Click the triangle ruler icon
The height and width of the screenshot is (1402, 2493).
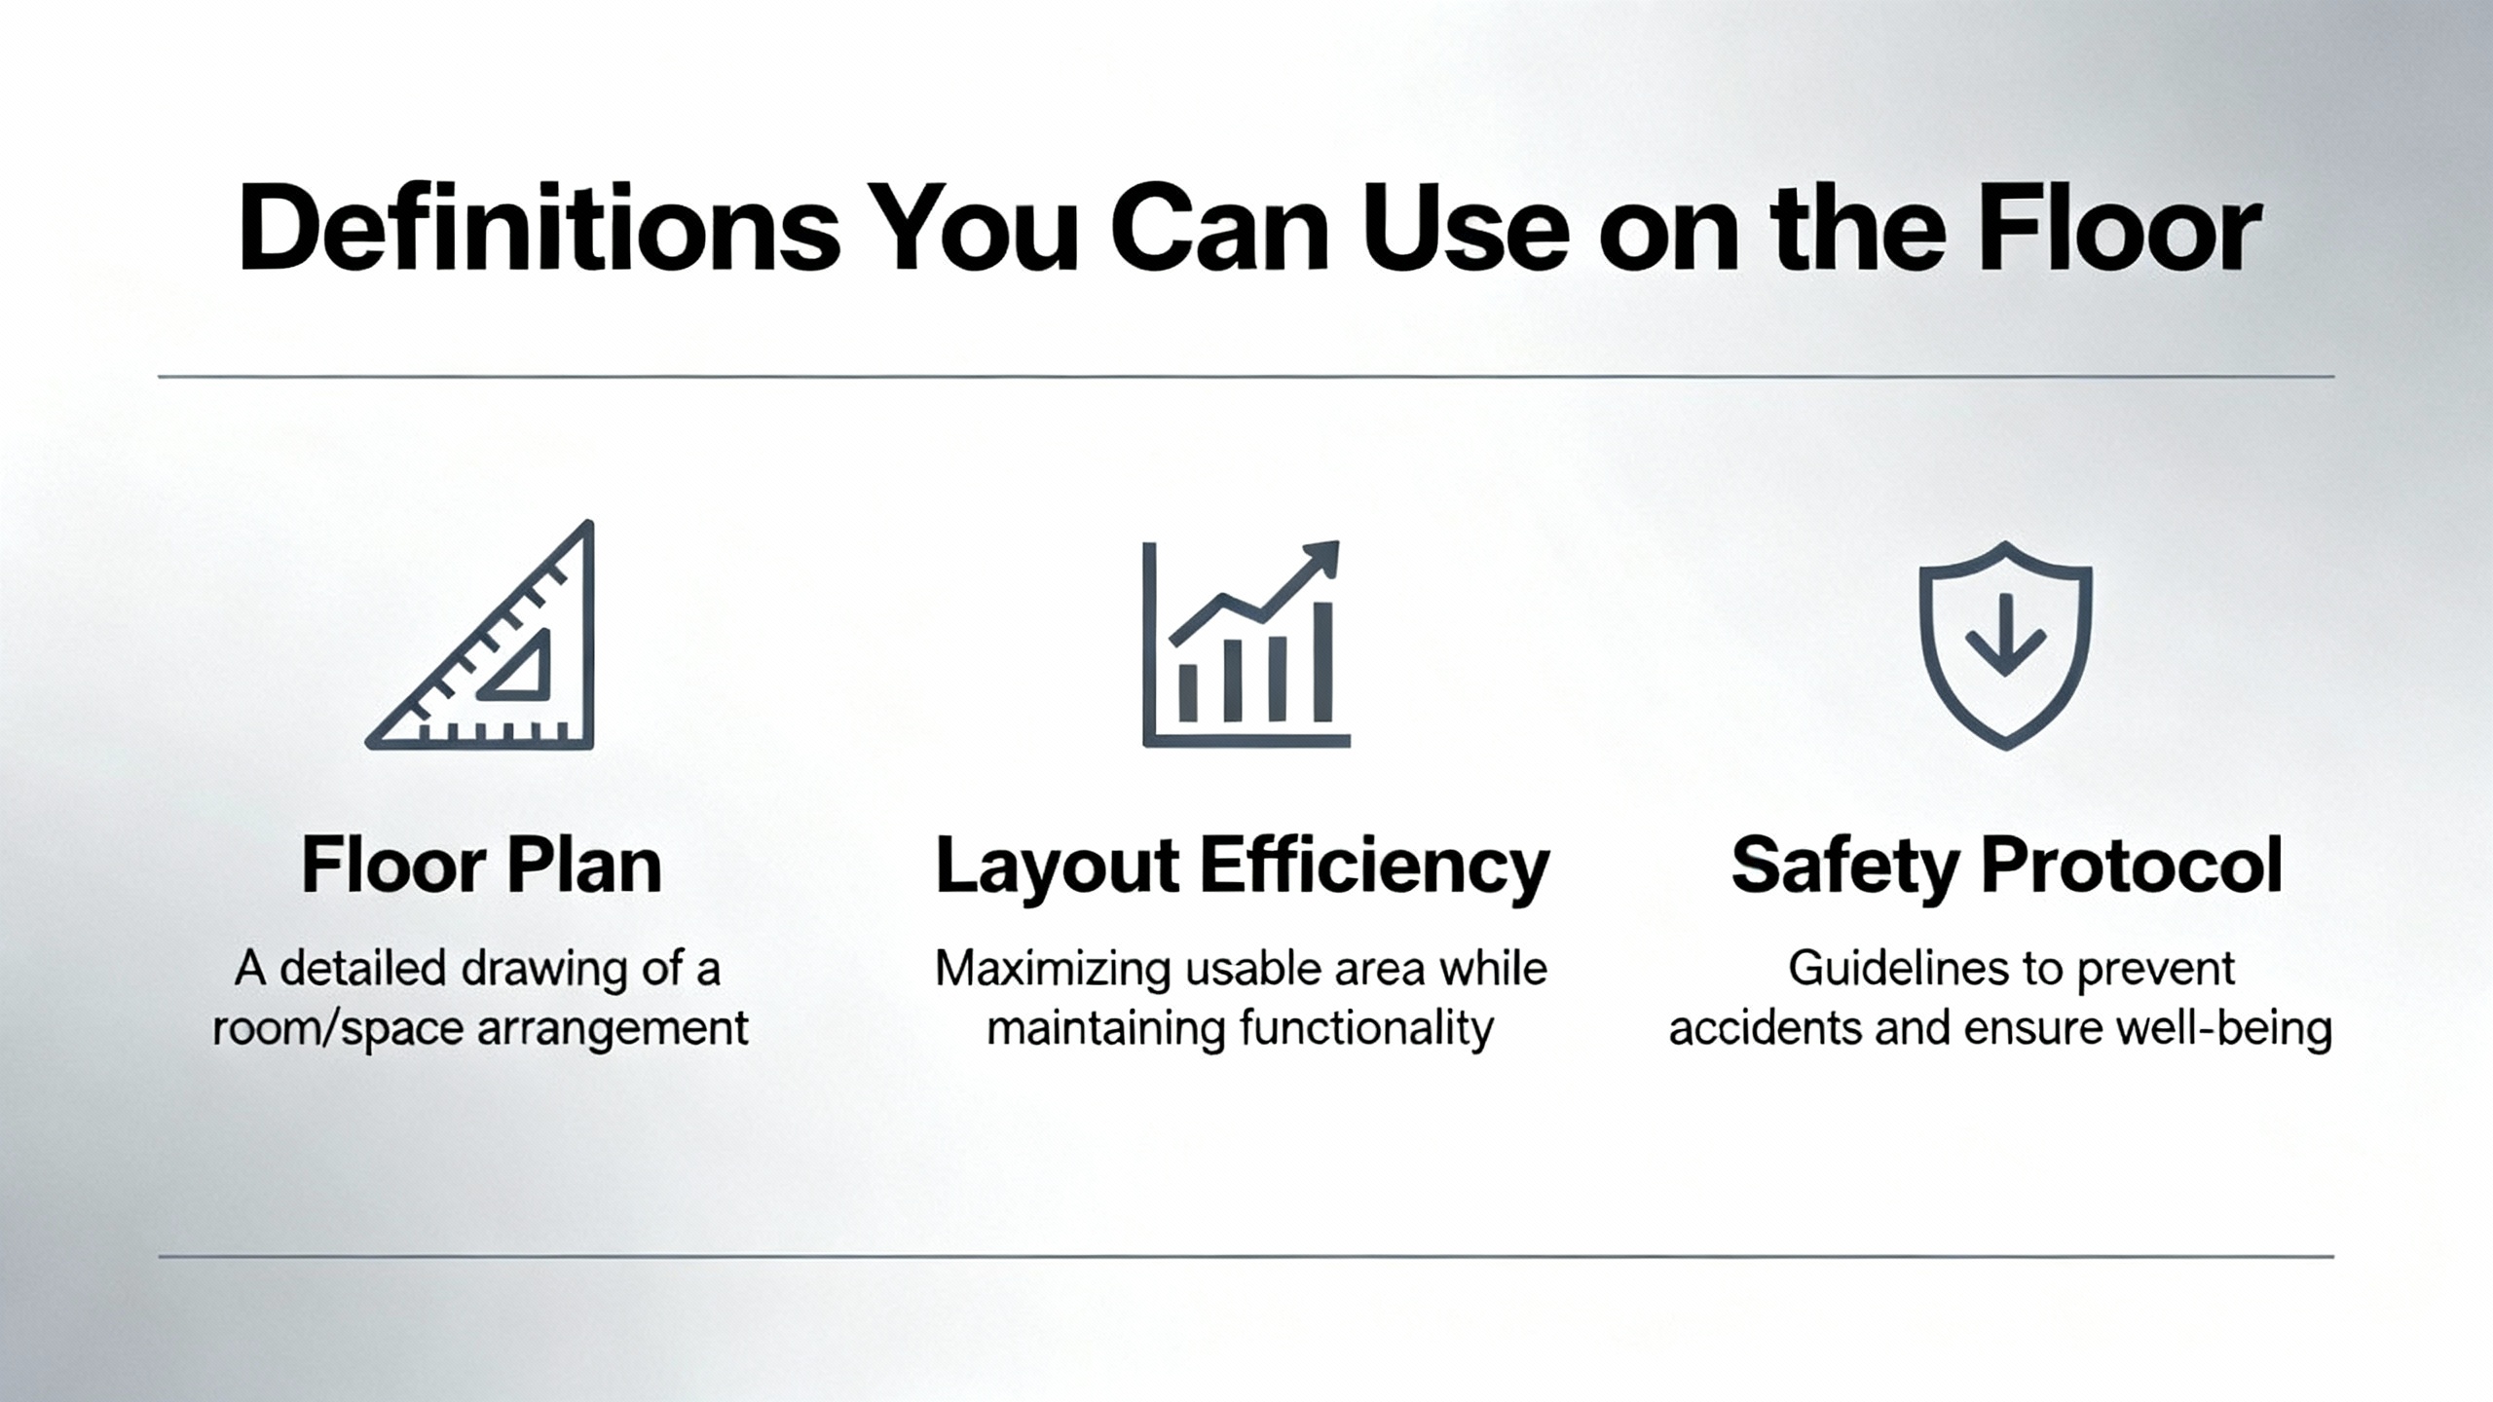(480, 635)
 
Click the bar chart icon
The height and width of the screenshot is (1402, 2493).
(1246, 644)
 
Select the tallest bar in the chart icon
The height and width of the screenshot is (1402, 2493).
(1322, 662)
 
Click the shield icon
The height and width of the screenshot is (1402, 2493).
(2005, 645)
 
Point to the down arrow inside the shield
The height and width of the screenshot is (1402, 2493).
(2004, 635)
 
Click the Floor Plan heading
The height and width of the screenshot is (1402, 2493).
(481, 866)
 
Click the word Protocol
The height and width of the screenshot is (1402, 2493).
(2132, 866)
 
